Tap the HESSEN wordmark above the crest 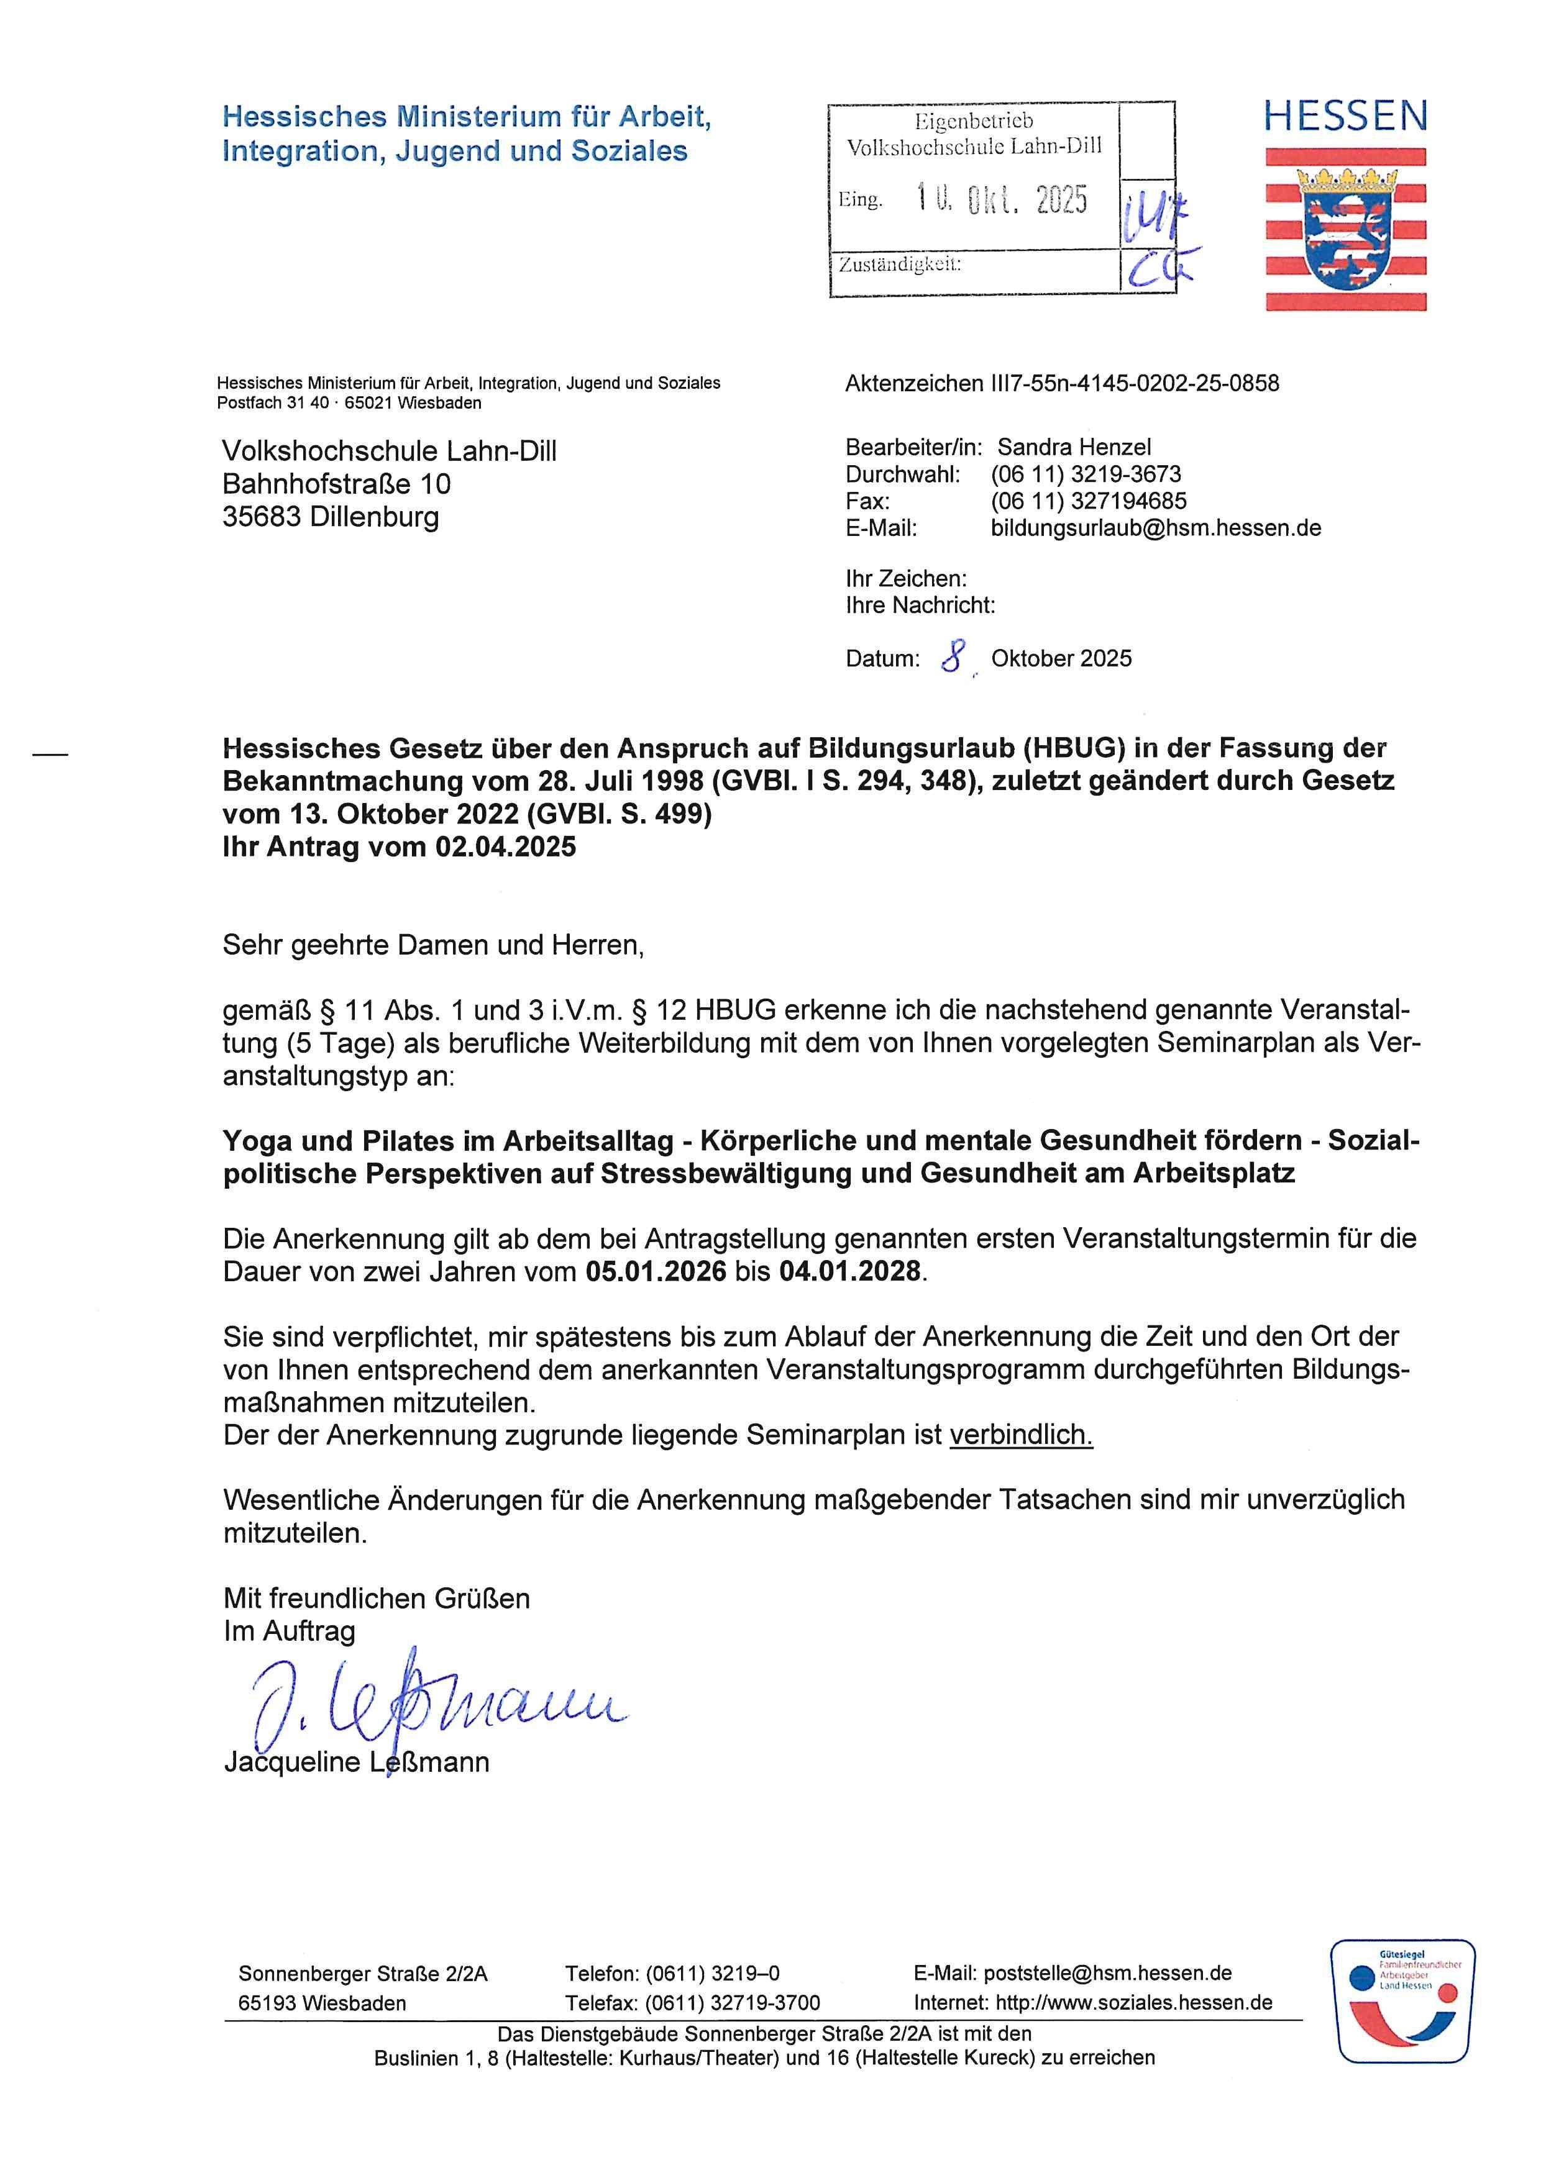click(1345, 117)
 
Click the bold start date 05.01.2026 click(656, 1271)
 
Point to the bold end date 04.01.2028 click(849, 1271)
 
